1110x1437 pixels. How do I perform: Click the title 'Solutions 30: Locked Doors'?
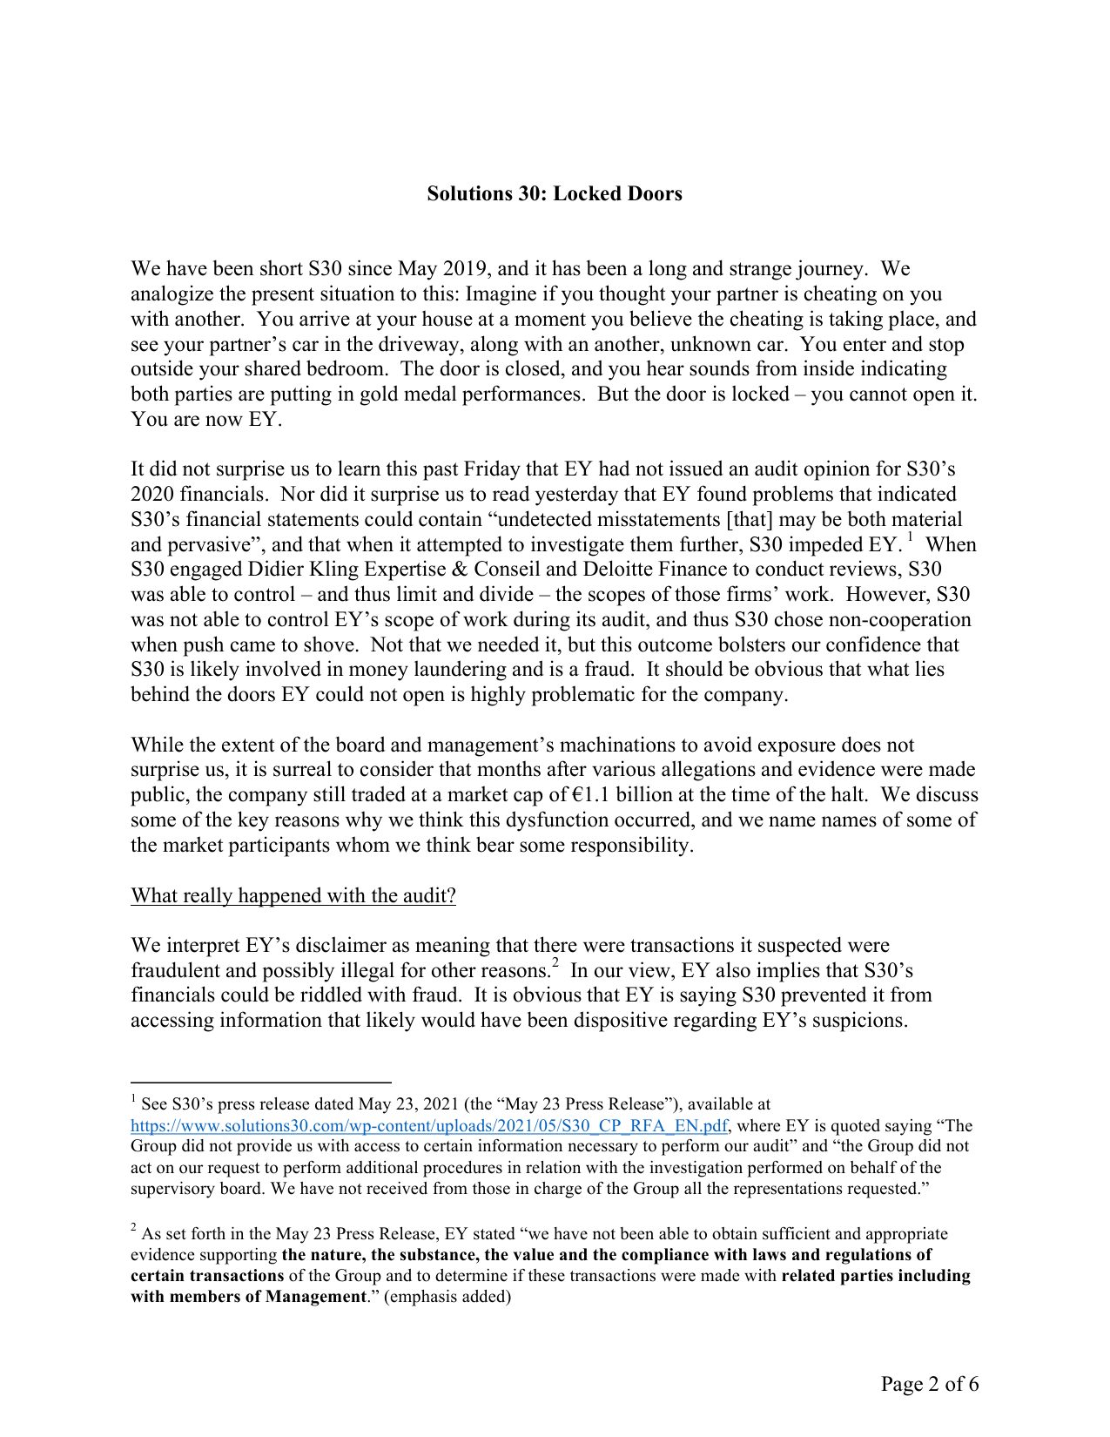point(554,193)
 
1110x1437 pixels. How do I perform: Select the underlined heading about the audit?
point(293,895)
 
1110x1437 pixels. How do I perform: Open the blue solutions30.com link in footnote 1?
point(428,1125)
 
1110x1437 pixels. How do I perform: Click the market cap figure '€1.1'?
point(592,795)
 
